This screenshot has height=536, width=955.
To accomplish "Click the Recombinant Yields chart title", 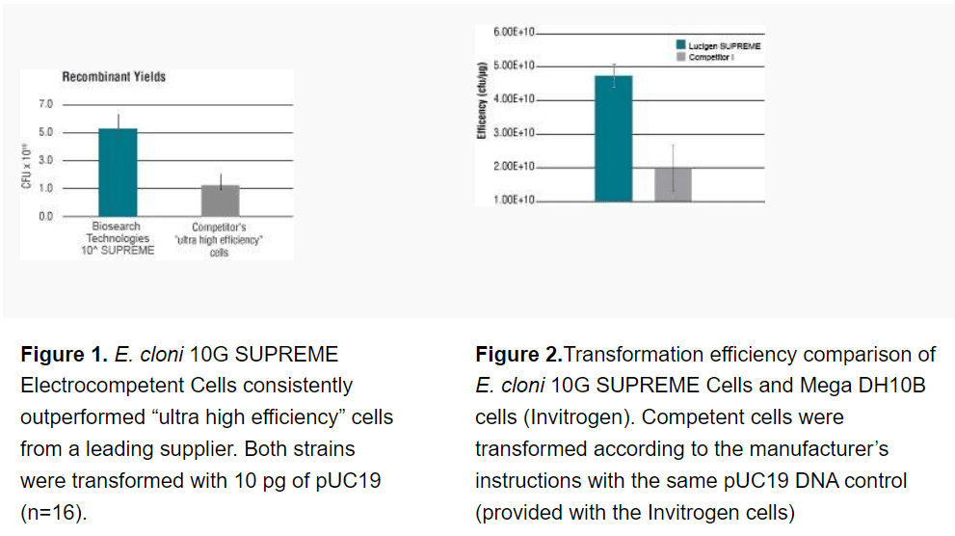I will (x=114, y=76).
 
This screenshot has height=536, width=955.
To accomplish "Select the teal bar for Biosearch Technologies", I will (x=118, y=172).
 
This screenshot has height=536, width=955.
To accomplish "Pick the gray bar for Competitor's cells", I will (x=220, y=201).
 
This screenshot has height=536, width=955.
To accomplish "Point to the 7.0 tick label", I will (x=45, y=103).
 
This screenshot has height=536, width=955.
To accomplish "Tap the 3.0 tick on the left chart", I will (x=45, y=160).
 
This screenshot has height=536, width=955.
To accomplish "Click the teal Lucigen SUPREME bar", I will (x=613, y=138).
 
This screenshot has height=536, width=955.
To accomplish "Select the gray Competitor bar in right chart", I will (x=673, y=184).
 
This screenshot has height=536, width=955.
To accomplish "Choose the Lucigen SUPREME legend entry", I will (x=724, y=45).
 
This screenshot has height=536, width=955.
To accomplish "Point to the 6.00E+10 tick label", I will (x=514, y=32).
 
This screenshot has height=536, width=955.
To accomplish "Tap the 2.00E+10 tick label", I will (x=514, y=167).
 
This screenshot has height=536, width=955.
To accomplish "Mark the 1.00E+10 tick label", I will (x=514, y=201).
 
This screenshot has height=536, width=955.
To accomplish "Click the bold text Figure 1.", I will (x=63, y=355).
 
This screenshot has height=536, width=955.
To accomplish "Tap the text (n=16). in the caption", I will (x=54, y=512).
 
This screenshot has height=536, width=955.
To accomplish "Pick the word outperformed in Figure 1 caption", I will (x=82, y=417).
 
